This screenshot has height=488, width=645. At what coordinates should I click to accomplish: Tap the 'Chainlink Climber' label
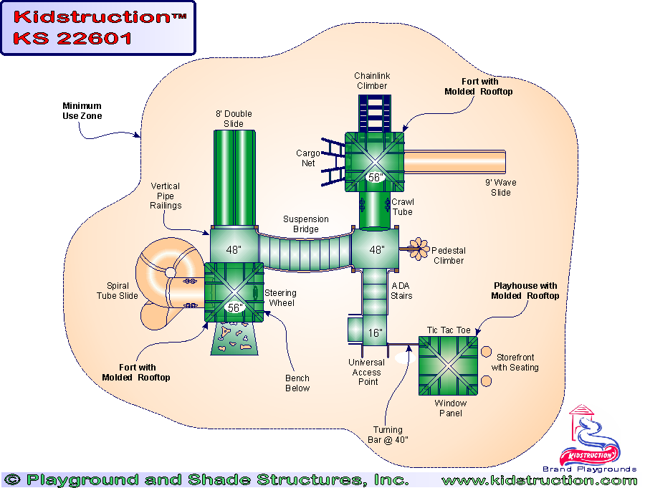click(x=371, y=81)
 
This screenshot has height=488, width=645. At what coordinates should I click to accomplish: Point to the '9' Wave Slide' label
click(x=500, y=187)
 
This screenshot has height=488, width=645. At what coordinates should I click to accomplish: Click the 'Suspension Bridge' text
click(x=306, y=224)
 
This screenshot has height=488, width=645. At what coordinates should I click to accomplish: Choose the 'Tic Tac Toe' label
click(x=449, y=330)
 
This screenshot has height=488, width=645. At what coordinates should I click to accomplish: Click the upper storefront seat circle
click(x=486, y=353)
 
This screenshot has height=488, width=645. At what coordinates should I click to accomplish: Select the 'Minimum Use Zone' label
click(x=81, y=111)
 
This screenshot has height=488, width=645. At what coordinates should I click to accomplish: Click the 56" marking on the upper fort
click(x=375, y=177)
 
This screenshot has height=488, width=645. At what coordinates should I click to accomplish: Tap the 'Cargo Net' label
click(x=307, y=158)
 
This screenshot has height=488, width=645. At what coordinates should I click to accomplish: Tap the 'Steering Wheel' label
click(x=281, y=297)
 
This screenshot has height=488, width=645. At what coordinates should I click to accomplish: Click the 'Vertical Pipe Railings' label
click(x=166, y=196)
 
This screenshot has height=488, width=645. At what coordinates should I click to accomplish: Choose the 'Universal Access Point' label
click(x=367, y=372)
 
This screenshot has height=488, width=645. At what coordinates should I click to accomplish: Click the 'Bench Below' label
click(x=297, y=383)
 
